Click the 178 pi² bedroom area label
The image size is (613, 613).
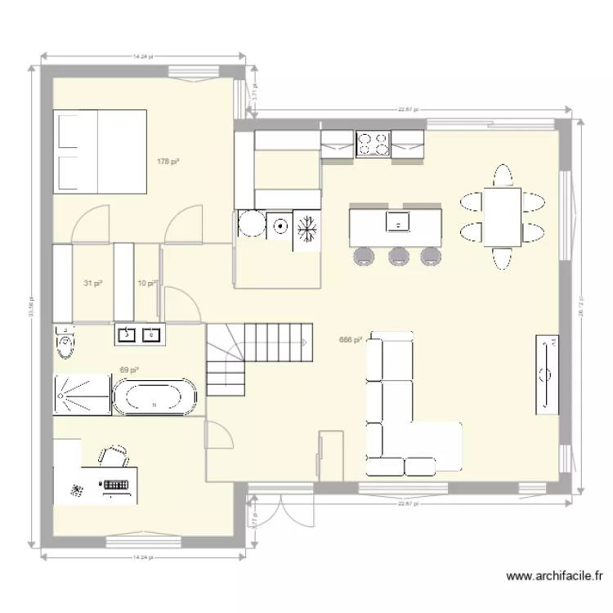point(168,162)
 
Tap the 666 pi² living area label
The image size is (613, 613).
point(350,341)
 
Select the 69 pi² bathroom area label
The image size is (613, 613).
point(128,370)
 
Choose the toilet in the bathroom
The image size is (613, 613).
point(65,343)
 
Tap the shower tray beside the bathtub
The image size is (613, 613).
point(81,396)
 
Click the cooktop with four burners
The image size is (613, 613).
point(374,143)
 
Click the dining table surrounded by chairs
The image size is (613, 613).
point(501,217)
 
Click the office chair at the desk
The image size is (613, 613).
point(115,454)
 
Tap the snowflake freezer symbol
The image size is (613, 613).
point(306,228)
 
